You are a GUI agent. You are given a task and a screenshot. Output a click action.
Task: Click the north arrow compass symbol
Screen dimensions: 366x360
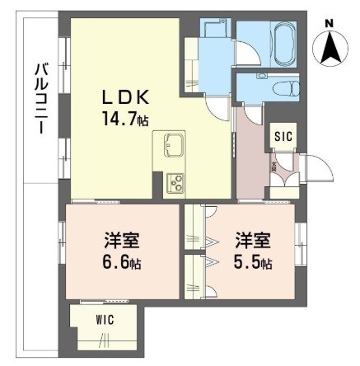coord(330,47)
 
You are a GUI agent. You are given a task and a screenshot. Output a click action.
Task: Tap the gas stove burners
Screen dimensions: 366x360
coord(175,181)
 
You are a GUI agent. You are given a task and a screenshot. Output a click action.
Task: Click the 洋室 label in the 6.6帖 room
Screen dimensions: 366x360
coord(122,241)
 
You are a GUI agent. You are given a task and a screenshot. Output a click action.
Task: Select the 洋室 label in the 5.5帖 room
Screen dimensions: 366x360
coord(250,241)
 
